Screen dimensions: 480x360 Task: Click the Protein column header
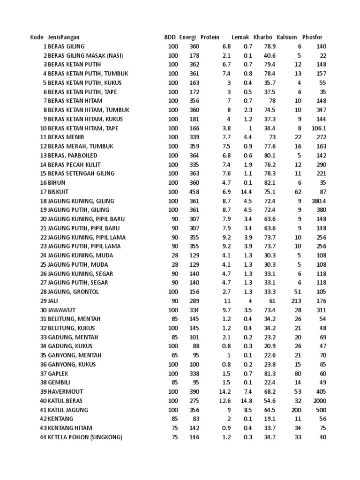tap(210, 37)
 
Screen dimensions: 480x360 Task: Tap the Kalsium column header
tap(287, 37)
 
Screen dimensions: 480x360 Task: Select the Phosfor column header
tap(313, 37)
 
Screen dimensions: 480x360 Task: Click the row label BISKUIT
tap(58, 192)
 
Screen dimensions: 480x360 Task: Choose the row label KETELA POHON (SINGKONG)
tap(85, 437)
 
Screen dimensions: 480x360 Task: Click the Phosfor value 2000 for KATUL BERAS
tap(320, 401)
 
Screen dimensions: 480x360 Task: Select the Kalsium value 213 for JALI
tap(296, 301)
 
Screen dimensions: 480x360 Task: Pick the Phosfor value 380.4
tap(319, 201)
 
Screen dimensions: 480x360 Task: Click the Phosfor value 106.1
tap(319, 128)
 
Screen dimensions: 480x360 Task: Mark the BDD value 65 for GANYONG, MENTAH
tap(175, 355)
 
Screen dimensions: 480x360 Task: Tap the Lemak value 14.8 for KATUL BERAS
tap(247, 401)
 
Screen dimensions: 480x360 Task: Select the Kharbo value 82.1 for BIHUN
tap(270, 183)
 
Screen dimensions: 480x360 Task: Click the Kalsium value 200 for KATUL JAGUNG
tap(296, 410)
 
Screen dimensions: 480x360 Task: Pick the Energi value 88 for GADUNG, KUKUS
tap(195, 346)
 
